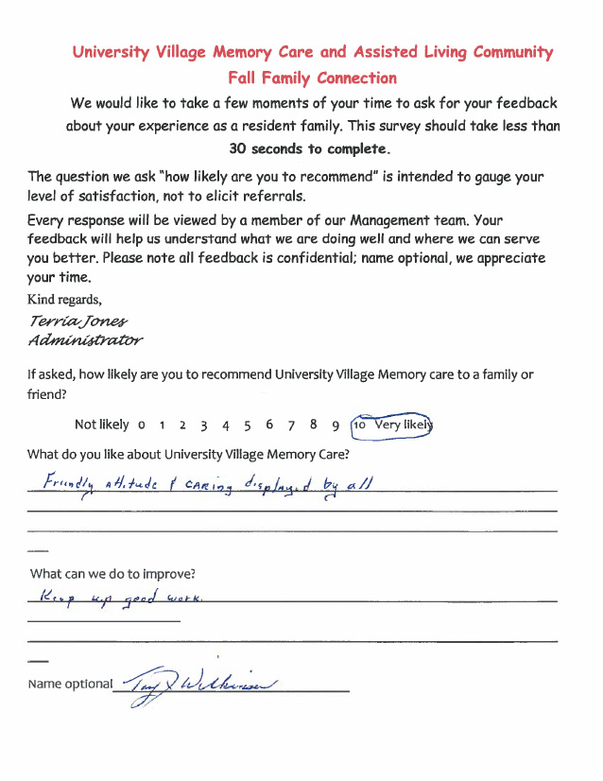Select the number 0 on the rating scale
pyautogui.click(x=141, y=425)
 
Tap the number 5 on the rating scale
pyautogui.click(x=247, y=425)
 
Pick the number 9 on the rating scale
pyautogui.click(x=336, y=425)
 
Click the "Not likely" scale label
pyautogui.click(x=101, y=425)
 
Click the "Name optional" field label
pyautogui.click(x=70, y=684)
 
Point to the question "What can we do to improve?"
pyautogui.click(x=113, y=574)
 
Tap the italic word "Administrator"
pyautogui.click(x=86, y=339)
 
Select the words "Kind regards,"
pyautogui.click(x=64, y=300)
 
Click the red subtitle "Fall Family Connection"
pyautogui.click(x=312, y=78)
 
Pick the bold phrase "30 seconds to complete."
pyautogui.click(x=308, y=148)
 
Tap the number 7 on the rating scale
pyautogui.click(x=291, y=425)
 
